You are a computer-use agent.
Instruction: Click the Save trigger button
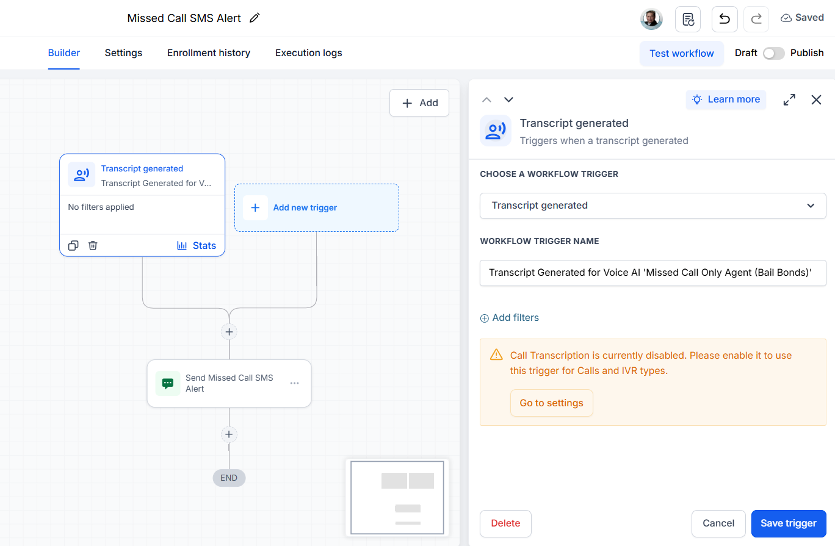[x=789, y=523]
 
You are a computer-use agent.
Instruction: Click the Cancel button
[x=718, y=523]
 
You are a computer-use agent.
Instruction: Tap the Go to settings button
[x=551, y=403]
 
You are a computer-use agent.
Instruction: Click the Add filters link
[x=510, y=318]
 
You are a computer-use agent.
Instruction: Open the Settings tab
[x=123, y=53]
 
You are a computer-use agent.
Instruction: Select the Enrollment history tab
[x=209, y=53]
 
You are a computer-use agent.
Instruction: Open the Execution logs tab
[x=309, y=53]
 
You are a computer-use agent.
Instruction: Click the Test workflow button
[x=681, y=53]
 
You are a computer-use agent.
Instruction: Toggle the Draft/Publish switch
[x=773, y=53]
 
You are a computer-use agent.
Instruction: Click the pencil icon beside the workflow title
[x=255, y=18]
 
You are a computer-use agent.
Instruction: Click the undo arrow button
[x=725, y=19]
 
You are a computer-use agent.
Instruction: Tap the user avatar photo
[x=651, y=19]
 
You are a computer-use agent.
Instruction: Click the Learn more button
[x=726, y=99]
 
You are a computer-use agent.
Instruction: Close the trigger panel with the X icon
[x=816, y=99]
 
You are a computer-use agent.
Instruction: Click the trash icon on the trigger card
[x=93, y=245]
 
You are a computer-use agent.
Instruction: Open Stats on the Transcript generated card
[x=197, y=245]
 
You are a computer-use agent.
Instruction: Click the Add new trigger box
[x=316, y=207]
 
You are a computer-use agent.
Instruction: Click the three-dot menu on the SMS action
[x=294, y=383]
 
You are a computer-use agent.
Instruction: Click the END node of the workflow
[x=229, y=478]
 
